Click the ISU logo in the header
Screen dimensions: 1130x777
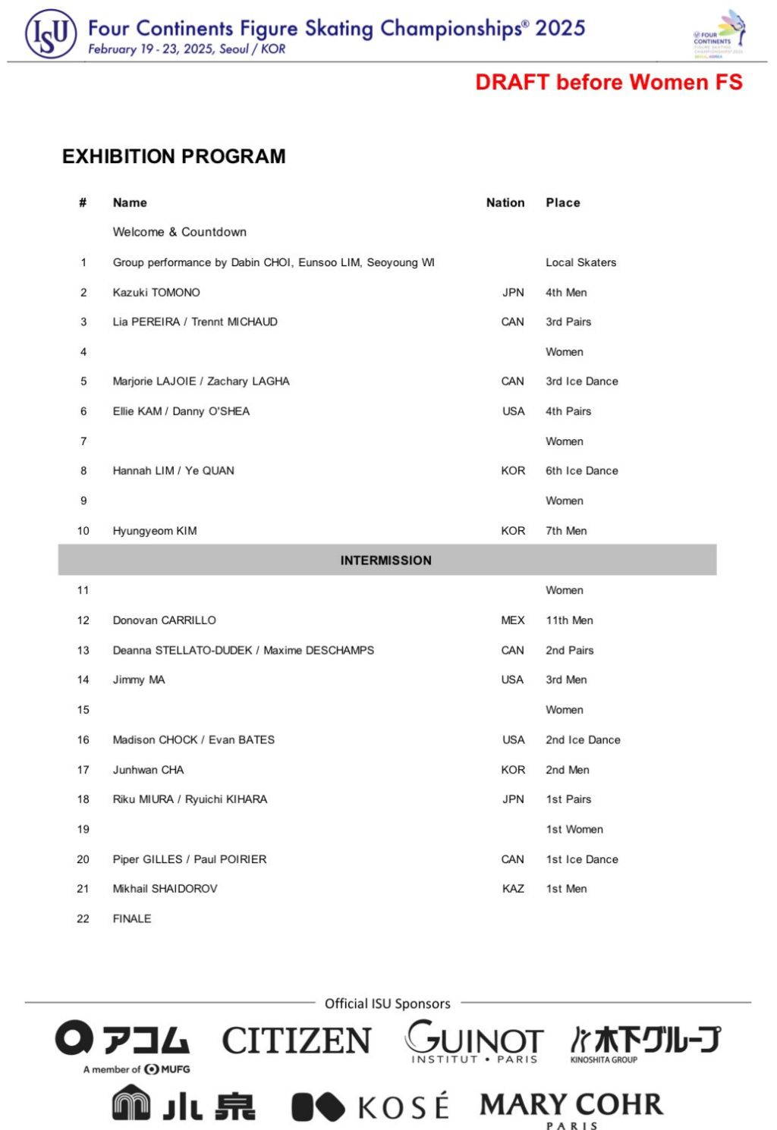(51, 34)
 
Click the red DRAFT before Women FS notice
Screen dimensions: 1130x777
(609, 82)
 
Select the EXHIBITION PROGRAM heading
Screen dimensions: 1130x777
(174, 156)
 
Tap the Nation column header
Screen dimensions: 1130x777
(505, 202)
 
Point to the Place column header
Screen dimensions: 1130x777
(563, 202)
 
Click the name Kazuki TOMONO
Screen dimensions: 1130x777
(156, 293)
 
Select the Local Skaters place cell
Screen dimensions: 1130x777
(580, 262)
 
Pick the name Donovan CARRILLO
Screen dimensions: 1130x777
(164, 620)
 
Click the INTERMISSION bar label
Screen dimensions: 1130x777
(385, 560)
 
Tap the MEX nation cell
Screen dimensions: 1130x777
(513, 620)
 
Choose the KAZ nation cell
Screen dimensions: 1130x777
(513, 889)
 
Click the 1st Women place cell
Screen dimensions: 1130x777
(574, 829)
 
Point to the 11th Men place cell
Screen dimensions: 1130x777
(569, 620)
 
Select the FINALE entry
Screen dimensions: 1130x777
(132, 918)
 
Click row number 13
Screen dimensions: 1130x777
(83, 650)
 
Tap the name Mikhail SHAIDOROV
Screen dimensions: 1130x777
(165, 889)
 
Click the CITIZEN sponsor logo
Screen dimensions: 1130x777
(296, 1041)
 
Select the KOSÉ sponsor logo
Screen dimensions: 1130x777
(370, 1106)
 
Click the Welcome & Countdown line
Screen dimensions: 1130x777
(179, 232)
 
